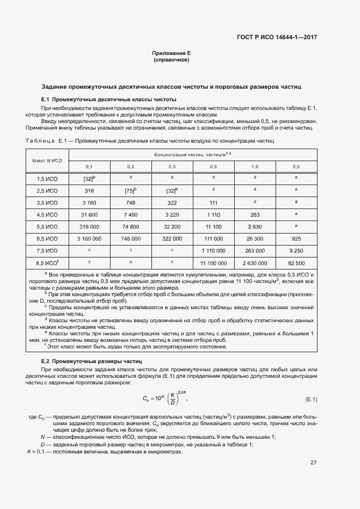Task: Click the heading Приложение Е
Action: pyautogui.click(x=171, y=53)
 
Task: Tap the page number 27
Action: pyautogui.click(x=313, y=463)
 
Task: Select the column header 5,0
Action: pyautogui.click(x=296, y=167)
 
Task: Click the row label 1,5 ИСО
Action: pyautogui.click(x=47, y=179)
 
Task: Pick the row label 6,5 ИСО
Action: pyautogui.click(x=47, y=238)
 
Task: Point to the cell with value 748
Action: pyautogui.click(x=130, y=203)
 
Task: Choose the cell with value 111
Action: pyautogui.click(x=213, y=203)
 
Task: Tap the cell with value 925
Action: pyautogui.click(x=296, y=238)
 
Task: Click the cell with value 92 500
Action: pyautogui.click(x=296, y=262)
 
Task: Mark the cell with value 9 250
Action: pyautogui.click(x=296, y=250)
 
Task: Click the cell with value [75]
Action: pyautogui.click(x=130, y=191)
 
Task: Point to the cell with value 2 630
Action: pyautogui.click(x=254, y=226)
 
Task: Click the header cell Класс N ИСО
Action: pyautogui.click(x=47, y=161)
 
